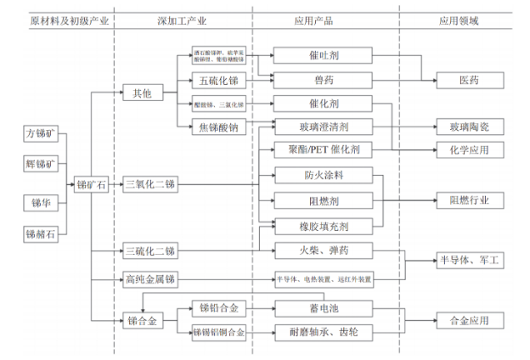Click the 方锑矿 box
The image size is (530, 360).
click(41, 134)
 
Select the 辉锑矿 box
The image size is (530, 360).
click(41, 163)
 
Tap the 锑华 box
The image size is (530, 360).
click(41, 201)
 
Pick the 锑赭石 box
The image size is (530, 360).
click(41, 232)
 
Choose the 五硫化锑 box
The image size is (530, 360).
click(220, 81)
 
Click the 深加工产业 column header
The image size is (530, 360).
click(183, 19)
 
